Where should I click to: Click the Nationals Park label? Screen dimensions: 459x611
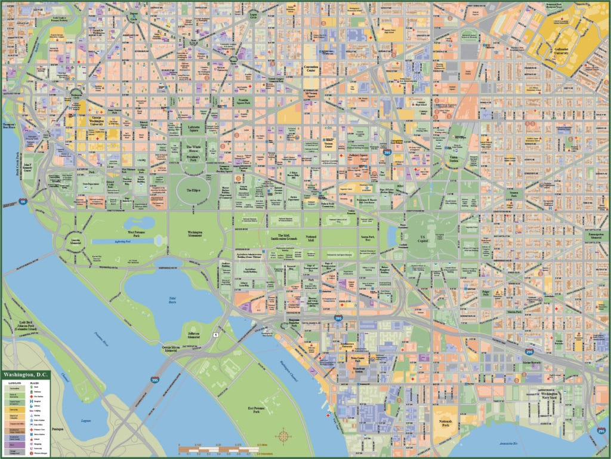[x=447, y=423]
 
